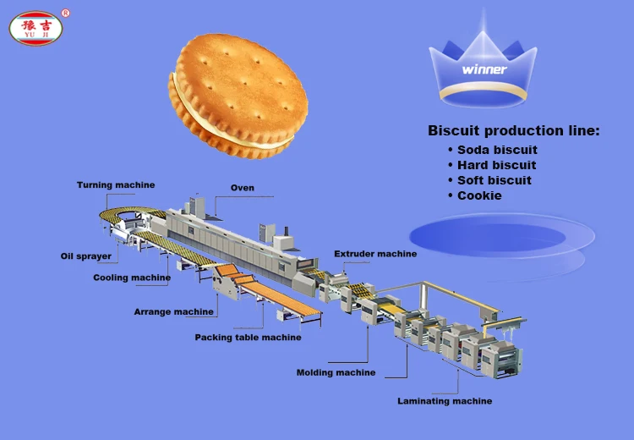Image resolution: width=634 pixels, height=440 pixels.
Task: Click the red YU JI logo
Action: pyautogui.click(x=36, y=29)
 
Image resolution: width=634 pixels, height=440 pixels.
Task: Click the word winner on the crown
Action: pyautogui.click(x=484, y=69)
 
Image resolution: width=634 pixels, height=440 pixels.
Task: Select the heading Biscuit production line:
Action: pyautogui.click(x=513, y=131)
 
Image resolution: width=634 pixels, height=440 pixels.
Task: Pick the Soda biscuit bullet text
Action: pyautogui.click(x=497, y=150)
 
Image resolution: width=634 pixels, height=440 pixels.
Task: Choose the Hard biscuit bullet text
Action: pyautogui.click(x=496, y=165)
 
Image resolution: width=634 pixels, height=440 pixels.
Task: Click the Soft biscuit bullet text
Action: pyautogui.click(x=495, y=180)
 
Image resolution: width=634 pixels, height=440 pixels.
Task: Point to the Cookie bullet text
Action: pyautogui.click(x=479, y=195)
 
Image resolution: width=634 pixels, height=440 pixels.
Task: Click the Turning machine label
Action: pyautogui.click(x=116, y=185)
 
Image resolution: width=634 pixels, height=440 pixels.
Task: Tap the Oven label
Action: pyautogui.click(x=242, y=188)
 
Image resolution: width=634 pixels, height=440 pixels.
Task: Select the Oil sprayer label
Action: pyautogui.click(x=85, y=256)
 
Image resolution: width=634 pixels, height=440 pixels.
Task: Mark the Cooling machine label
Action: pyautogui.click(x=132, y=278)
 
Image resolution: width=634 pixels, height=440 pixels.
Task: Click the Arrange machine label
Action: pyautogui.click(x=173, y=312)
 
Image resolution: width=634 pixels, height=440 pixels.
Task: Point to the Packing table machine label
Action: pyautogui.click(x=248, y=338)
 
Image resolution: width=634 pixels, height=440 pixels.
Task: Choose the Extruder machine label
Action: pyautogui.click(x=374, y=254)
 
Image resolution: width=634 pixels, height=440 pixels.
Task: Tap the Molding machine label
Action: pyautogui.click(x=336, y=372)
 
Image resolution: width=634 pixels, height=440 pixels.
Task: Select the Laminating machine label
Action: pyautogui.click(x=445, y=401)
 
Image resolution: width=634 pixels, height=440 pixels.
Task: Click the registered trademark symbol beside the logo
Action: pyautogui.click(x=66, y=12)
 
